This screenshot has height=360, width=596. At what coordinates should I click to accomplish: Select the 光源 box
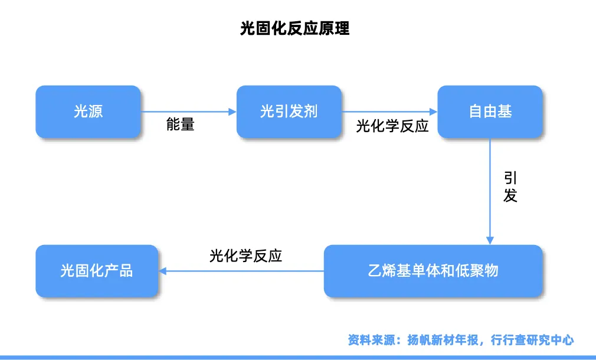pos(89,112)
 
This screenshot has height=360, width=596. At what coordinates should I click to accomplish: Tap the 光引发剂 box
pos(289,112)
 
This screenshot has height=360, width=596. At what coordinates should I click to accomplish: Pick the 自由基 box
pos(490,112)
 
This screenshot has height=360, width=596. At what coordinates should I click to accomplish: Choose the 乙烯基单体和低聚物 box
pos(433,271)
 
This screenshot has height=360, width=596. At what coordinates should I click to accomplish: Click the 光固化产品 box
pos(97,271)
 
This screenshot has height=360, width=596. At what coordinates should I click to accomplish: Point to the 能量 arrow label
pos(180,125)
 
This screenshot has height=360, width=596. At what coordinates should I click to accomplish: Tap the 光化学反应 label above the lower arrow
pos(245,256)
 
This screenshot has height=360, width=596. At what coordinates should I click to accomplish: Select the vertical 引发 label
pos(510,187)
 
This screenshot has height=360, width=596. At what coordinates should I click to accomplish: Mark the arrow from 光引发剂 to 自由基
pos(389,112)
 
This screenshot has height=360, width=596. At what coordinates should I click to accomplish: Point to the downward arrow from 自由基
pos(490,189)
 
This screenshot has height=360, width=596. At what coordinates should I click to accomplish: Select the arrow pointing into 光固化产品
pos(242,271)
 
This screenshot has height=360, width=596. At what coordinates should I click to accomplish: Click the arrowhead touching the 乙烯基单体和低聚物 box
pos(490,240)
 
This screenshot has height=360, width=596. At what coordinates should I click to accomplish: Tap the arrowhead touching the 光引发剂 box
pos(232,112)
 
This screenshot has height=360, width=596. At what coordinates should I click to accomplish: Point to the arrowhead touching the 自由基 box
pos(433,112)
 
